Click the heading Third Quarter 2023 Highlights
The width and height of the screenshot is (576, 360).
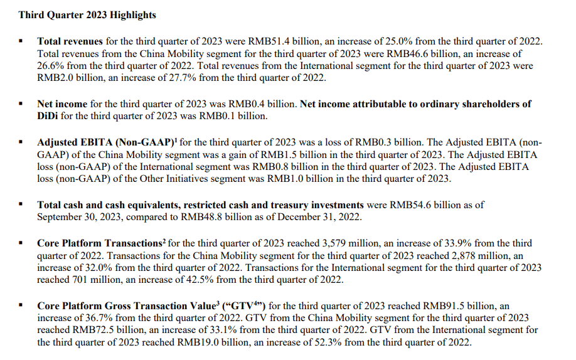coord(87,14)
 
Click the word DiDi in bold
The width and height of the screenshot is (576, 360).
coord(49,116)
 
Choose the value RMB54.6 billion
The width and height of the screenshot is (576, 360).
coord(425,204)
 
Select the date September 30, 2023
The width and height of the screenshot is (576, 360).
coord(80,217)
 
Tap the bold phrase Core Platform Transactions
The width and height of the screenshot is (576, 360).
coord(100,243)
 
